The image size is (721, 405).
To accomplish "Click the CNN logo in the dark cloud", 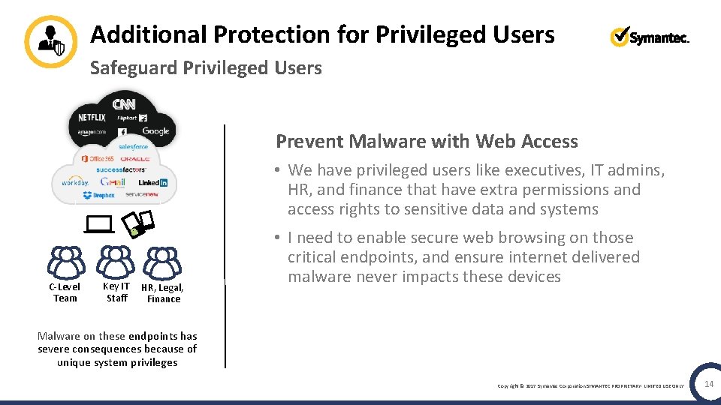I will coord(124,103).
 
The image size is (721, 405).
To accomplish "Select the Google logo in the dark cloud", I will coord(155,131).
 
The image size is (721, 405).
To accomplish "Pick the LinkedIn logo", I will coord(153,182).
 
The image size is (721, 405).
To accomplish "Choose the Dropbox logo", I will coord(98,196).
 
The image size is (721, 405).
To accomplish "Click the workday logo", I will coord(74,182).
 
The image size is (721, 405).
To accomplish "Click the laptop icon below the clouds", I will coord(98,223).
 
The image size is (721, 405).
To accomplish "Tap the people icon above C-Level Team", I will coord(66,262).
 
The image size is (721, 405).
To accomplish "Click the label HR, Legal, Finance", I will coord(163,293).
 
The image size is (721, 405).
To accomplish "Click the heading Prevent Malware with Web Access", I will coord(427,141).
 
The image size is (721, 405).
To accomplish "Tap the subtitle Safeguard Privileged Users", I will coord(205,68).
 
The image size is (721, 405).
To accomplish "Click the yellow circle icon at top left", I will coord(50,41).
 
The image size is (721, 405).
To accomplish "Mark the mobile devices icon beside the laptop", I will coord(138,223).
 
